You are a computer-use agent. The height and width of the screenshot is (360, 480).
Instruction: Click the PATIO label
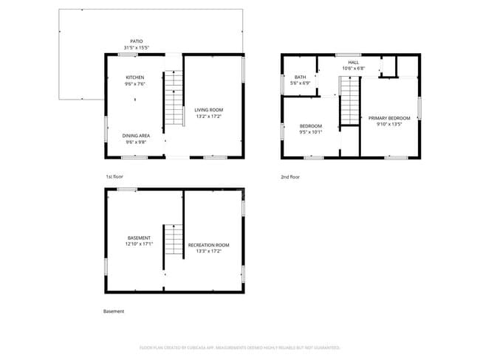pos(135,41)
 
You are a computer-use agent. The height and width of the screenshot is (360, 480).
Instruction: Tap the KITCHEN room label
pos(134,77)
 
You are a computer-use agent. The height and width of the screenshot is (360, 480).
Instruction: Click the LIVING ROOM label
pos(208,109)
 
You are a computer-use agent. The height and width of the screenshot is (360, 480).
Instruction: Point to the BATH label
pos(301,77)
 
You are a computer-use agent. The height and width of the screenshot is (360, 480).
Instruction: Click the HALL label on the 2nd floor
pos(354,62)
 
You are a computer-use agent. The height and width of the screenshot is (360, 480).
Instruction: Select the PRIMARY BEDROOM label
pos(389,118)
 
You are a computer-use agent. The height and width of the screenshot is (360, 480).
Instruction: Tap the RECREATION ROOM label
pos(208,245)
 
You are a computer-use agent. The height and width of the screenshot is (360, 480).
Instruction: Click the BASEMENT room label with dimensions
pos(139,238)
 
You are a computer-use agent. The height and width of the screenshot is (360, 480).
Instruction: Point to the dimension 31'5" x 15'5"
pos(136,48)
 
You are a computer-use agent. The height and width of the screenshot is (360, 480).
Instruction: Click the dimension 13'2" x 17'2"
pos(208,116)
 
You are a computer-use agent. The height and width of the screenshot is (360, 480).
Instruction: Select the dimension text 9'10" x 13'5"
pos(389,125)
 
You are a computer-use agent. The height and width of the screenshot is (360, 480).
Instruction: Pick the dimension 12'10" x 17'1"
pos(139,244)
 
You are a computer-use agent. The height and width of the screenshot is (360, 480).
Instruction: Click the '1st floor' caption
pos(114,177)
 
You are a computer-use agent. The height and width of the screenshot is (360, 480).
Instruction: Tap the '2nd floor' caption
pos(290,177)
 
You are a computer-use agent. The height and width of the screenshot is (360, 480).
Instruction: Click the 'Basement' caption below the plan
pos(114,311)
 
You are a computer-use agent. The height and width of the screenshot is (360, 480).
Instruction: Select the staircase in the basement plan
pos(173,240)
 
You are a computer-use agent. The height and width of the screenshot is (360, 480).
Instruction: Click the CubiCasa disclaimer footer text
pos(240,347)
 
